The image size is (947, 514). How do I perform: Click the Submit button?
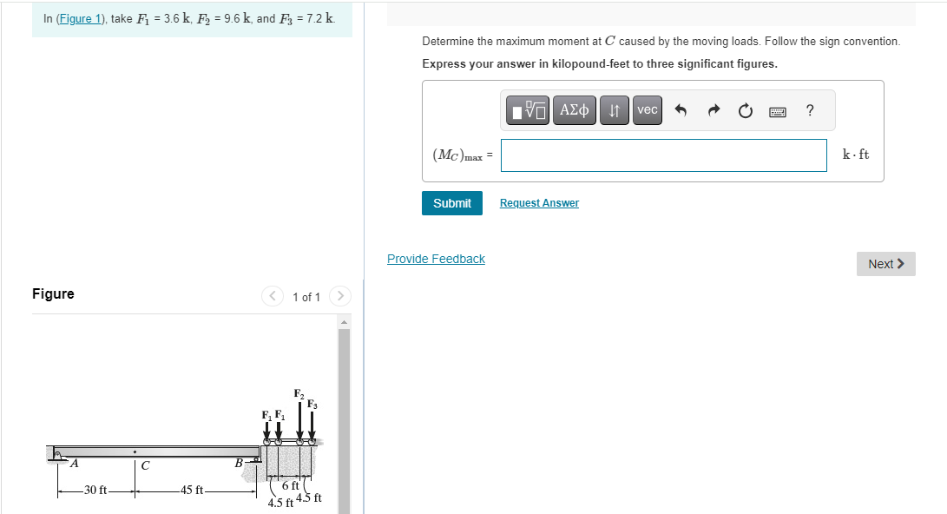point(451,203)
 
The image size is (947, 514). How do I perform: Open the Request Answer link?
point(539,203)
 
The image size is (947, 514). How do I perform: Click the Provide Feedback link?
point(436,259)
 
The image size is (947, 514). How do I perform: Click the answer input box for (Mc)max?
point(663,155)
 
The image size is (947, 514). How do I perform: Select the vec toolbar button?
point(648,110)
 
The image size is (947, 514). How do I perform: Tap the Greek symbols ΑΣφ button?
point(574,110)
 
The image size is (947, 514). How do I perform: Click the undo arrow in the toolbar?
point(681,110)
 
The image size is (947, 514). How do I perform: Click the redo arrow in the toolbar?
point(713,110)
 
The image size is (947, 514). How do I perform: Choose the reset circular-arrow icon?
point(745,110)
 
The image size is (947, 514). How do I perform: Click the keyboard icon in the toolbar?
point(777,110)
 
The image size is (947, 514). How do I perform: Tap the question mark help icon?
point(810,110)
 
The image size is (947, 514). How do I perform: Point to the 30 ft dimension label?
point(95,491)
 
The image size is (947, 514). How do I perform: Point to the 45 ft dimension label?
point(192,491)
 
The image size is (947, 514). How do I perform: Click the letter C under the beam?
point(145,466)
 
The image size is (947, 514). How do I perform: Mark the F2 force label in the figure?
point(298,394)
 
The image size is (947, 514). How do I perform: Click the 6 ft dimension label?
point(290,485)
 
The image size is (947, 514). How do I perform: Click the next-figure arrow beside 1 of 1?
point(340,297)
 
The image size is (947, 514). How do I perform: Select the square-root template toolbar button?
point(529,110)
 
